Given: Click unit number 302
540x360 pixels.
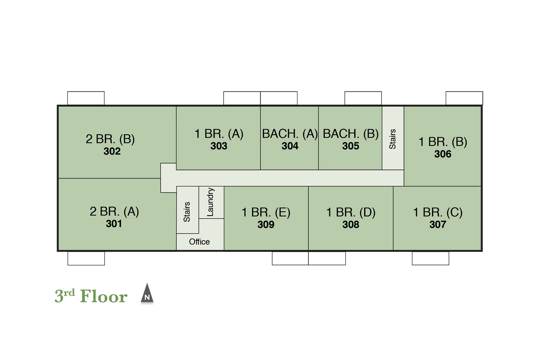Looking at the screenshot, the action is point(112,151).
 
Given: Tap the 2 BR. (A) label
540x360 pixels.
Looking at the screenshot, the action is point(114,212).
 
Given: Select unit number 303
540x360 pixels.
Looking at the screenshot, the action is point(219,146).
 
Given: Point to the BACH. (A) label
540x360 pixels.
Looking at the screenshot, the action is point(290,134).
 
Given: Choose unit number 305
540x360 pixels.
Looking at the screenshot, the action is point(351,146).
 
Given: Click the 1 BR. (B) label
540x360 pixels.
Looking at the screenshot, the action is point(443,142).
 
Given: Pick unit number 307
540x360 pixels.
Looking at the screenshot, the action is point(438,225).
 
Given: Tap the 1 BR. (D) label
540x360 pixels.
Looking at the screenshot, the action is point(351,213).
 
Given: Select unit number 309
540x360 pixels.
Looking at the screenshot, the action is point(266,225).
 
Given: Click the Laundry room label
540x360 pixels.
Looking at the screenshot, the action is point(211,202).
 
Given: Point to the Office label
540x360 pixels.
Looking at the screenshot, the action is point(199,242).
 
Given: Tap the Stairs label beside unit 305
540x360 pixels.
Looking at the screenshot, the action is point(393,139).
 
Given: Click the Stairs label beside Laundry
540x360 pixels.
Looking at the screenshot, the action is point(187,212).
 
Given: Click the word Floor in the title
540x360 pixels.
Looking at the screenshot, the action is point(104,296).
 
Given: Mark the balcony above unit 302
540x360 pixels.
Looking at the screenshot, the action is point(86,98).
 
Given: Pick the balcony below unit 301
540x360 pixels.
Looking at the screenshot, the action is point(86,258).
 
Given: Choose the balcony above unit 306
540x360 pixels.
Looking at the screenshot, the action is point(464,98).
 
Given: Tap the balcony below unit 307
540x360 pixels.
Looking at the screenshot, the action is point(431,258).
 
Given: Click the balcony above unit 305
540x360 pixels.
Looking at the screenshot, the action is point(363,98).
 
